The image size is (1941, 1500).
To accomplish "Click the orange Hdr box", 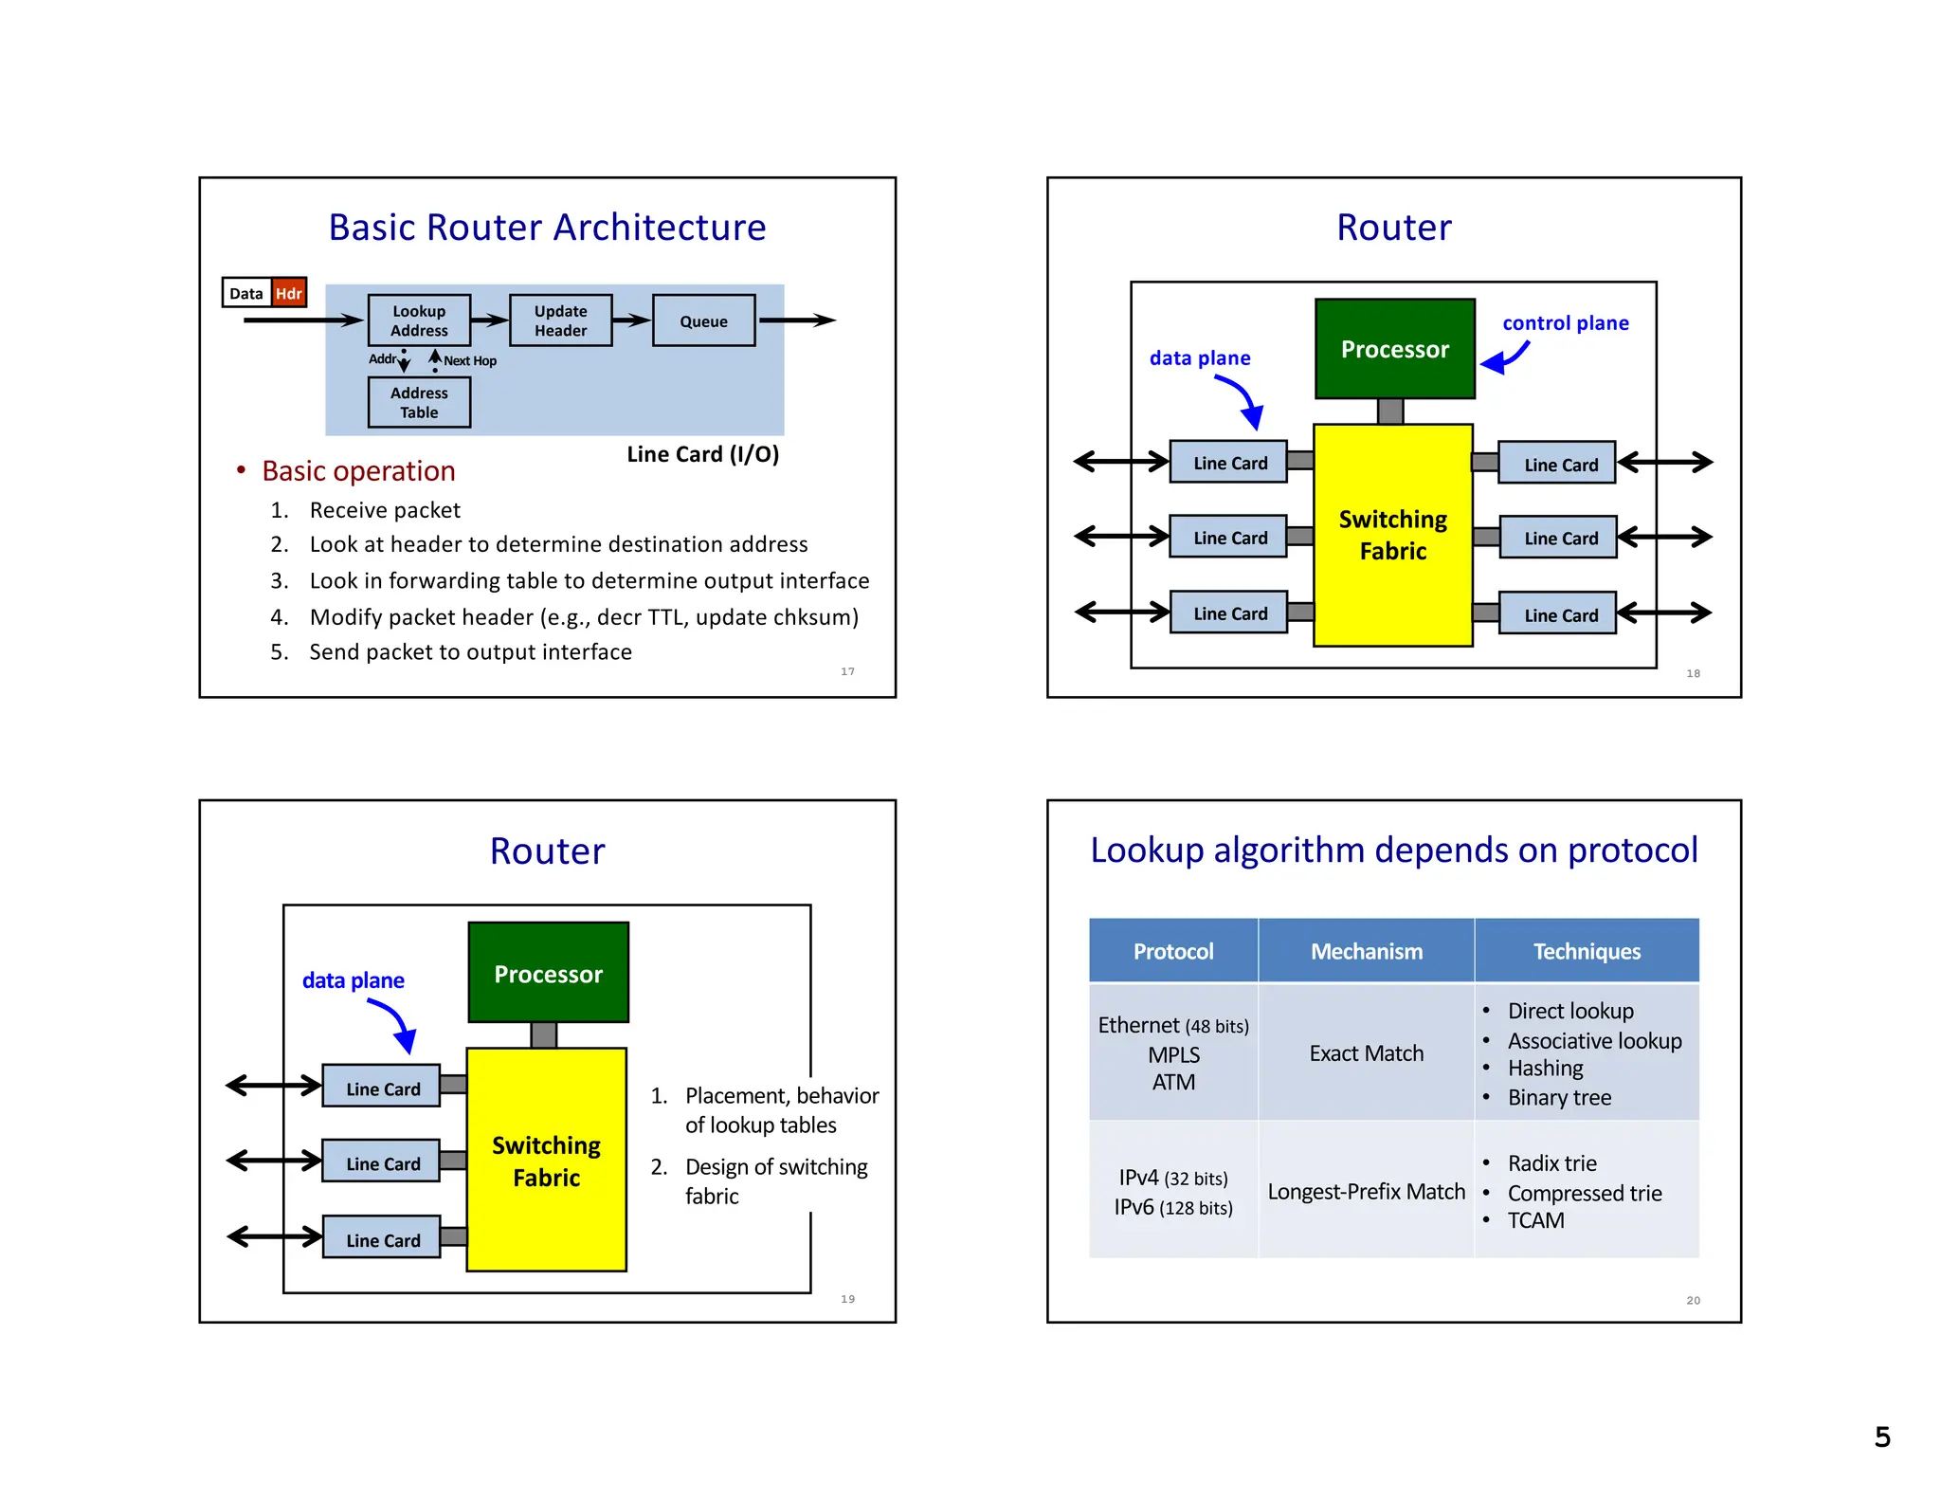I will coord(289,293).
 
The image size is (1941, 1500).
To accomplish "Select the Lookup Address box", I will coord(419,320).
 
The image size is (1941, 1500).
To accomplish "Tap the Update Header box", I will coord(560,320).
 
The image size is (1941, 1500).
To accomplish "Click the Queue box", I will coord(703,321).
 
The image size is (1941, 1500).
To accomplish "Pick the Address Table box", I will coord(419,402).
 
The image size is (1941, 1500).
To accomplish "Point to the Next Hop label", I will coord(470,361).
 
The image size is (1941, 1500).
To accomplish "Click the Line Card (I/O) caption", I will coord(702,454).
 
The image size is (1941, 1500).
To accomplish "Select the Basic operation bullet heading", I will coord(358,471).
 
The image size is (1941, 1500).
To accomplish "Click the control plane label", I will coord(1565,323).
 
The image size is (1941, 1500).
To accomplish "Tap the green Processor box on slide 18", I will coord(1394,349).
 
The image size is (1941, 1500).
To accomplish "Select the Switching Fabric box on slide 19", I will coord(546,1161).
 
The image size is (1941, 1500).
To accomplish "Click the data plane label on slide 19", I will coord(353,980).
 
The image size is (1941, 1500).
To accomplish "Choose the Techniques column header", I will coord(1587,951).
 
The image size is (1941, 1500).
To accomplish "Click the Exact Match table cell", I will coord(1366,1053).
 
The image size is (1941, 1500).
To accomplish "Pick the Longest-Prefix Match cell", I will coord(1366,1192).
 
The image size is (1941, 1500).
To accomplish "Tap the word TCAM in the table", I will coord(1535,1221).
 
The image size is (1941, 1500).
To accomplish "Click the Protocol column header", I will coord(1172,951).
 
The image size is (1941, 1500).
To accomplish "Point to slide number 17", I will coord(847,671).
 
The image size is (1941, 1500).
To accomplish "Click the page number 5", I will coord(1882,1437).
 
